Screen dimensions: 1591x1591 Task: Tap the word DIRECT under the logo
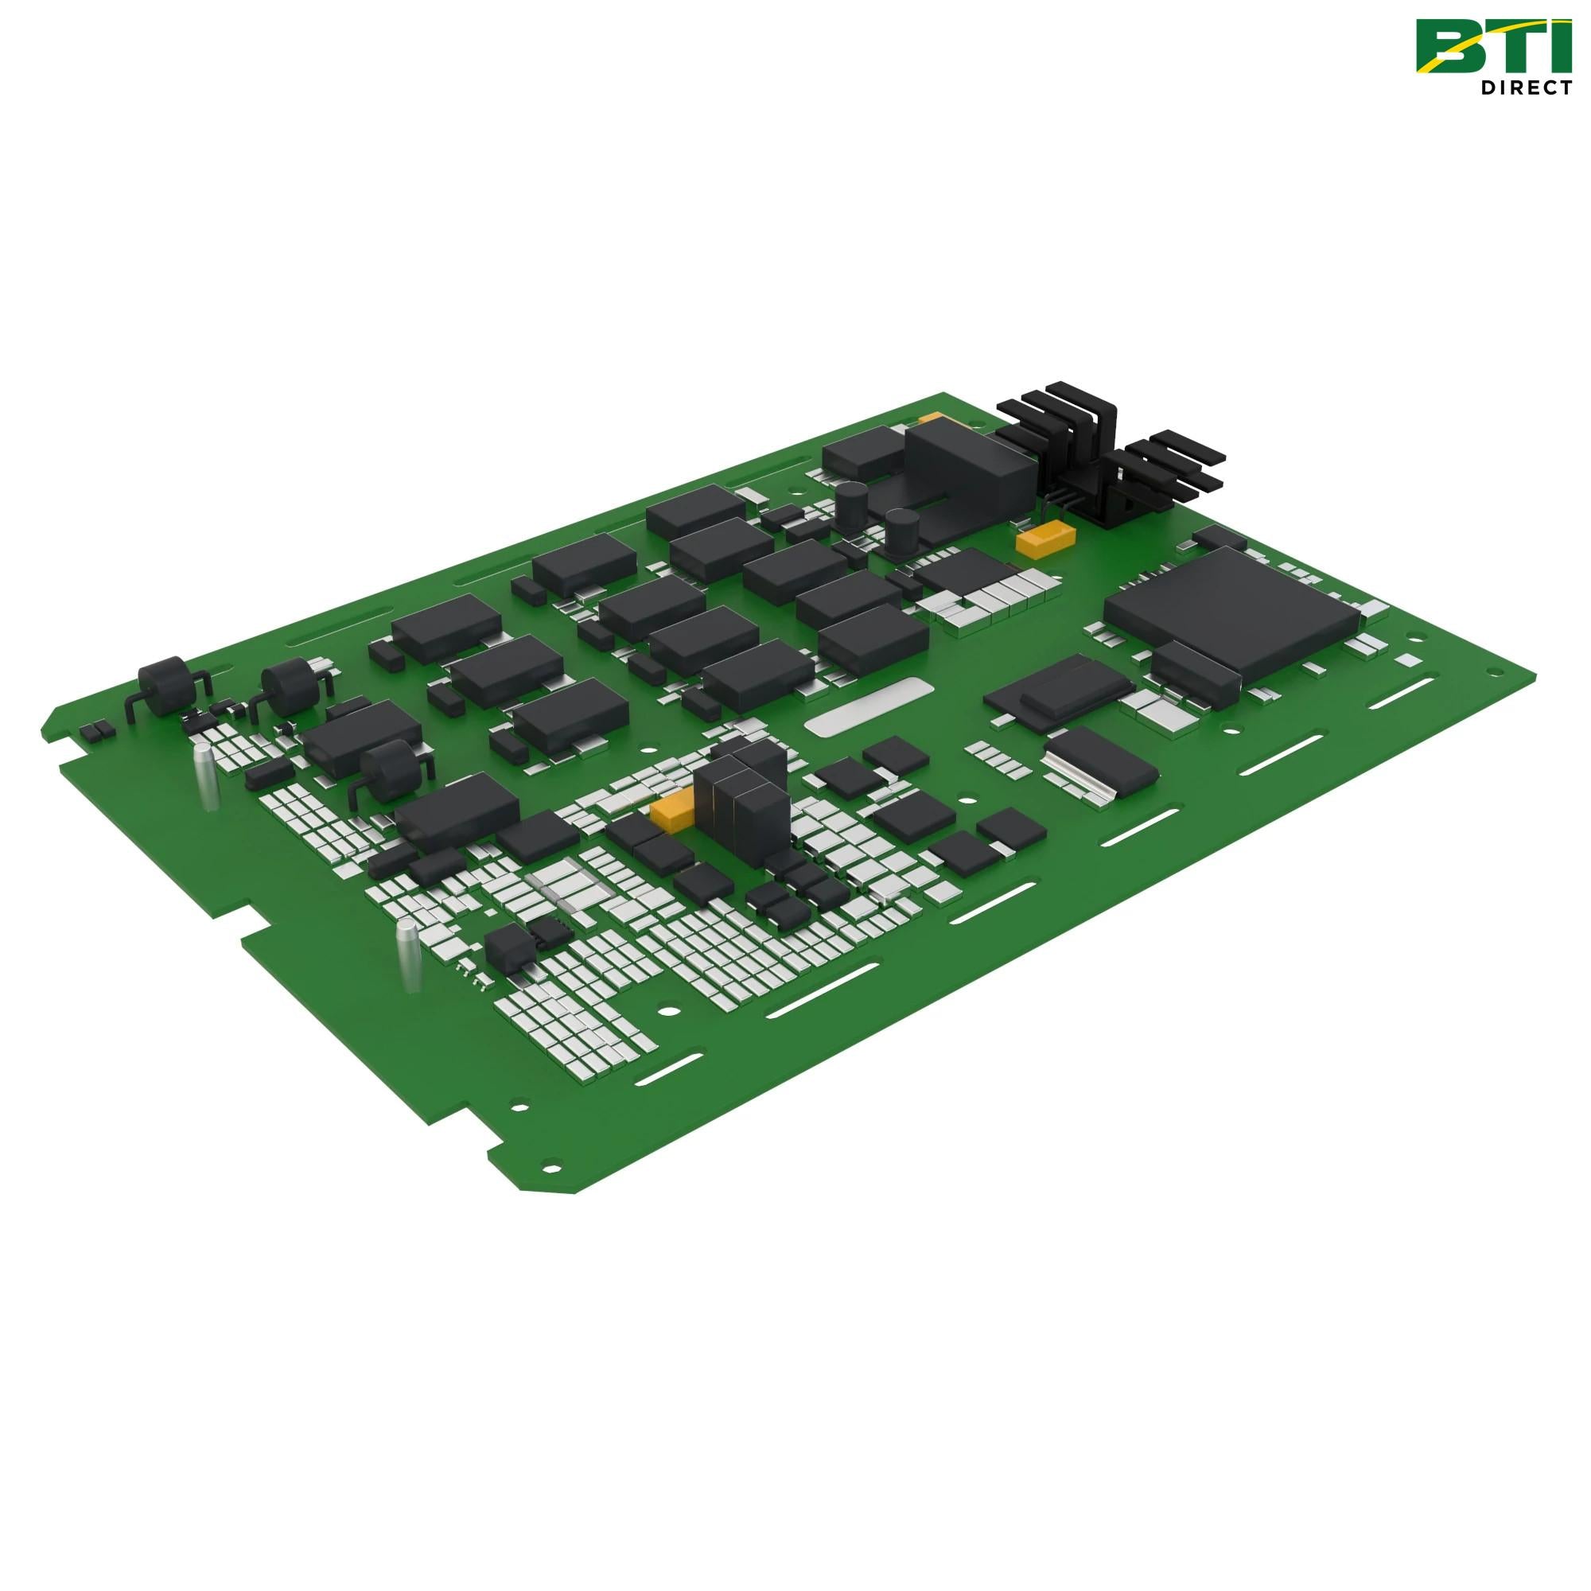click(x=1525, y=88)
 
